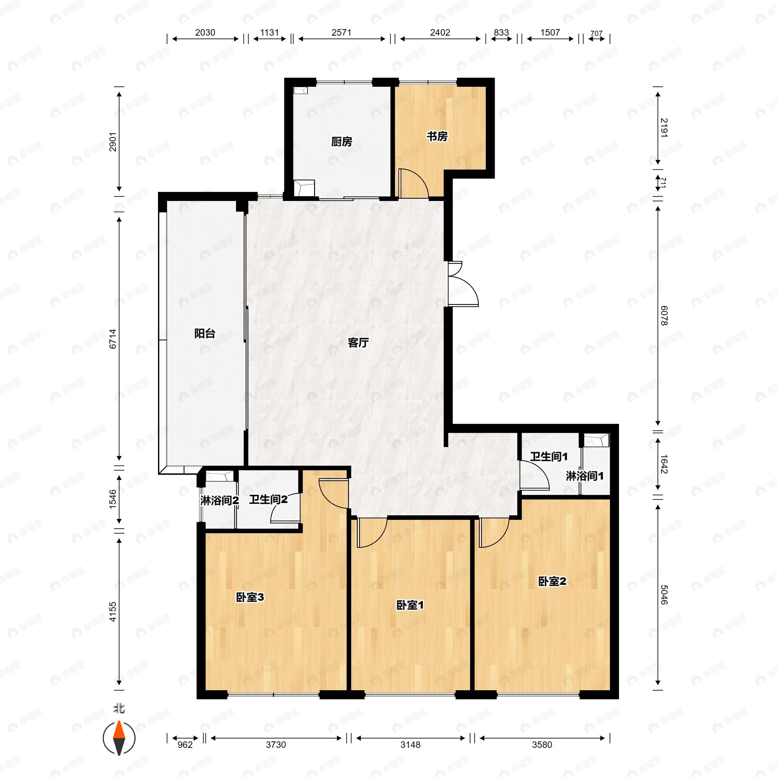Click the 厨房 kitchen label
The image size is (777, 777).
pyautogui.click(x=342, y=142)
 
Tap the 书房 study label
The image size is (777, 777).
pyautogui.click(x=437, y=137)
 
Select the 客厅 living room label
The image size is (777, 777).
pyautogui.click(x=358, y=343)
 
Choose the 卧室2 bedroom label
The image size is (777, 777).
pyautogui.click(x=552, y=581)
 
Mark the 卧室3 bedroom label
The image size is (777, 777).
pyautogui.click(x=250, y=598)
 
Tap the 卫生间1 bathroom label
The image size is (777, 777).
pyautogui.click(x=548, y=457)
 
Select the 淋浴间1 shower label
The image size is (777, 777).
pyautogui.click(x=585, y=476)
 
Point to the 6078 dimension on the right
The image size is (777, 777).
pyautogui.click(x=664, y=316)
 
